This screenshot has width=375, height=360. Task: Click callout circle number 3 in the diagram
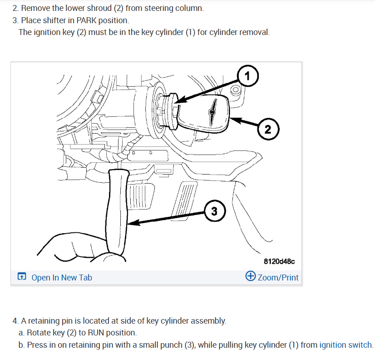pos(214,211)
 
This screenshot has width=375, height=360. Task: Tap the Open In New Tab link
pos(61,277)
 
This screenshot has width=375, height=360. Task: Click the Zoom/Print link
pos(278,277)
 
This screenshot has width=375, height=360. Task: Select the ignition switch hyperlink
pos(346,345)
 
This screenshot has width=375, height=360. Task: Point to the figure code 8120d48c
pos(279,261)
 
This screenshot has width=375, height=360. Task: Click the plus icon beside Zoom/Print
pos(250,276)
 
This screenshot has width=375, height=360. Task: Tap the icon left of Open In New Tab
pos(22,277)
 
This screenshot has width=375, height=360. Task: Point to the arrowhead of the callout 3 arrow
pos(130,223)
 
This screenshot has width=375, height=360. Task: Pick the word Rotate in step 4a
pos(38,333)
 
